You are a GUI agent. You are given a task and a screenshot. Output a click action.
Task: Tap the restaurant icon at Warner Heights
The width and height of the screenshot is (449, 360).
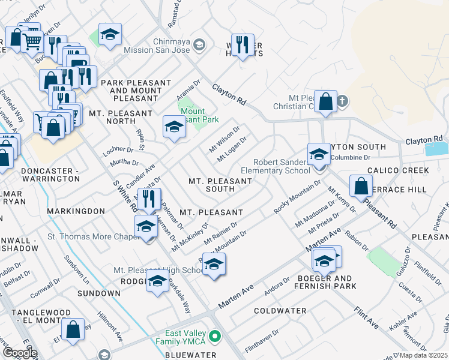[243, 44]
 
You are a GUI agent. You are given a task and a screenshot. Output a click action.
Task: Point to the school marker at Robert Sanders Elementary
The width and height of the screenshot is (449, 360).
[319, 154]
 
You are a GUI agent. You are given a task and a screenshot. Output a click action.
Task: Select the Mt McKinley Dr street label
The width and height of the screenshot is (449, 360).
[190, 237]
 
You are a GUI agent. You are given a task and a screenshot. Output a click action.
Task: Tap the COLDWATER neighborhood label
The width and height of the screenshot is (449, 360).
[280, 311]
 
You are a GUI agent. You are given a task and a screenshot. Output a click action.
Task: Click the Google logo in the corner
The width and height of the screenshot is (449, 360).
[20, 353]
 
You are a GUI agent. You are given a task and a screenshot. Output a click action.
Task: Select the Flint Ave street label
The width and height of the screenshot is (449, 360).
[366, 317]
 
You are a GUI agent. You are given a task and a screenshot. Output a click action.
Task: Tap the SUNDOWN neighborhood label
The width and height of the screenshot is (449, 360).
[99, 293]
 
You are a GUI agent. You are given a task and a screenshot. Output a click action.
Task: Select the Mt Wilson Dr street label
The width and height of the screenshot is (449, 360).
[224, 137]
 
